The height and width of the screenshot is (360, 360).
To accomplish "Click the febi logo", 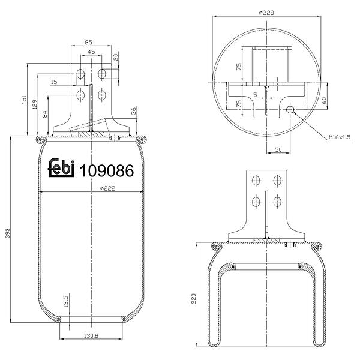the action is pos(61,168).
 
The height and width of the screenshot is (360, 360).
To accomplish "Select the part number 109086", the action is pos(107,170).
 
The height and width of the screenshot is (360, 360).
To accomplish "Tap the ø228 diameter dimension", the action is pos(266,13).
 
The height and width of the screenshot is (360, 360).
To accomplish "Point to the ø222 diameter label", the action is pos(107,188).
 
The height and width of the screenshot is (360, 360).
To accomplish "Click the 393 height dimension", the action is pos(8,233).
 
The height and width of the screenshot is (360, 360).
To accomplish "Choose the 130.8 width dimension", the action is pos(91,335).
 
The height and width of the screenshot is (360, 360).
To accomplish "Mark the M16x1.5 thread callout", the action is pos(340,137).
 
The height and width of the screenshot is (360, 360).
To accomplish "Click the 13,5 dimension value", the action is pos(65,301).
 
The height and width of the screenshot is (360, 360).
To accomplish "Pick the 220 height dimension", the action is pos(194,298).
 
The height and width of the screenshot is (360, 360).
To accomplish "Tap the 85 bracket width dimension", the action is pos(88,43).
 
